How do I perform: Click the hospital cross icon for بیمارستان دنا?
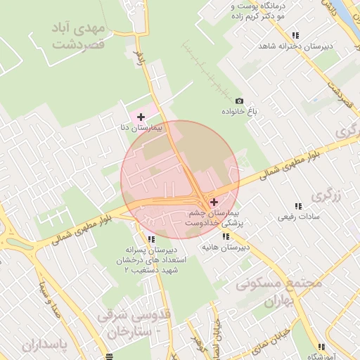[141, 116]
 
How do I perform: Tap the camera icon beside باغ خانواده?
[239, 101]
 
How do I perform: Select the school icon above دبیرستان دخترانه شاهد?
[295, 35]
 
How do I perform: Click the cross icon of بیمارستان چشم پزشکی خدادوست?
[214, 202]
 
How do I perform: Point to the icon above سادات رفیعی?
[297, 206]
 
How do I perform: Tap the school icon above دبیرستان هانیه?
[226, 237]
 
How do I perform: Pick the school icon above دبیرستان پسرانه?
[151, 239]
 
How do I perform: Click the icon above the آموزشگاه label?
[321, 347]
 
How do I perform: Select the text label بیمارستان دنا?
[143, 129]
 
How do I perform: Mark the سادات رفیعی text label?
[300, 217]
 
